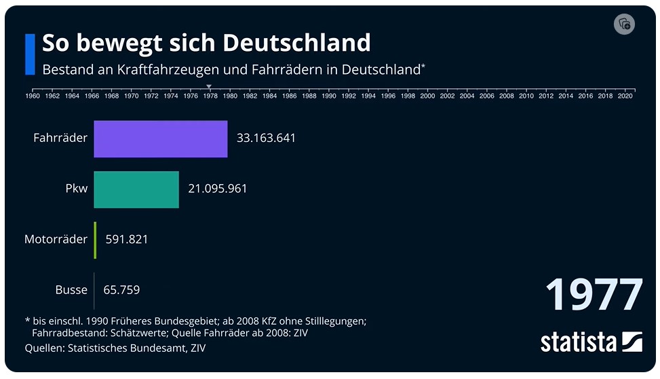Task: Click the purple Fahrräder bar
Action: click(x=161, y=139)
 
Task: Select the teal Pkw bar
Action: click(x=136, y=189)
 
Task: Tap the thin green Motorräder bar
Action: click(x=96, y=240)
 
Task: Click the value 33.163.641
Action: click(x=266, y=139)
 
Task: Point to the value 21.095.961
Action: click(x=217, y=189)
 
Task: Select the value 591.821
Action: click(x=127, y=240)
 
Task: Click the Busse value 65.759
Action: click(x=121, y=290)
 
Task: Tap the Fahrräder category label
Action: click(x=60, y=139)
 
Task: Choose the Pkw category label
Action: click(x=76, y=189)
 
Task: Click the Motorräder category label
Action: click(x=56, y=240)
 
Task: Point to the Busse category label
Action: click(x=71, y=290)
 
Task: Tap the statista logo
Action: click(x=591, y=342)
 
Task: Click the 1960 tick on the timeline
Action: click(x=32, y=96)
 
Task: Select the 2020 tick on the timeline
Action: click(x=625, y=96)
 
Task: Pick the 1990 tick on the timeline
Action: click(x=329, y=96)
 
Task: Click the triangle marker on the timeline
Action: click(x=210, y=86)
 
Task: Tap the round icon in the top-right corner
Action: click(x=623, y=24)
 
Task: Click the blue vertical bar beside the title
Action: click(x=30, y=54)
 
